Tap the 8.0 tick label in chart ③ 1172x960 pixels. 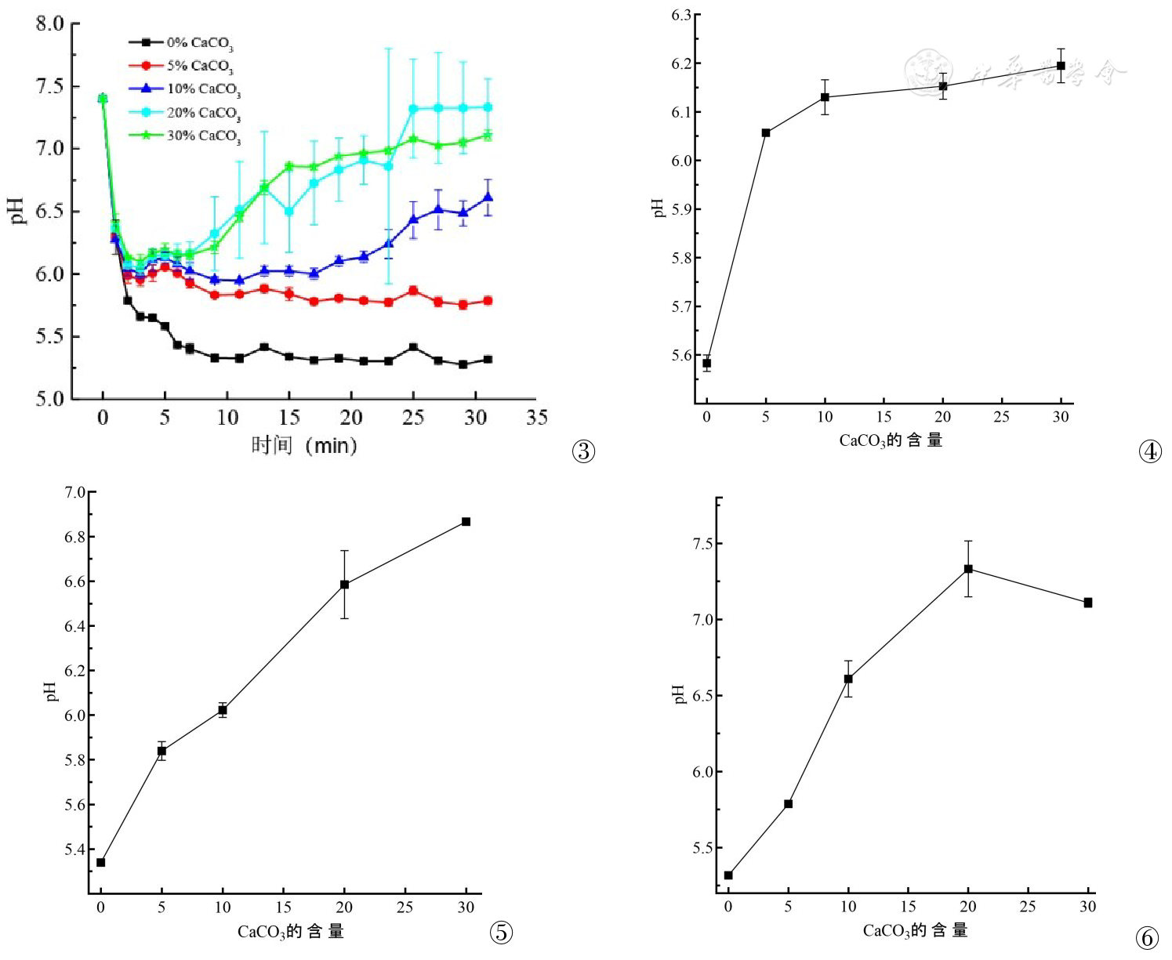pyautogui.click(x=49, y=24)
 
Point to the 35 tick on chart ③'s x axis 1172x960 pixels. pyautogui.click(x=537, y=418)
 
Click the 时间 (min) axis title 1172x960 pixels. pyautogui.click(x=304, y=446)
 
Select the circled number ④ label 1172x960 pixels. pyautogui.click(x=1149, y=451)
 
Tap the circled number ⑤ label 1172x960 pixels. pyautogui.click(x=501, y=932)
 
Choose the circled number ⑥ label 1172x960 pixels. pyautogui.click(x=1146, y=937)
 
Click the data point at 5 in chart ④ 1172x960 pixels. pyautogui.click(x=766, y=133)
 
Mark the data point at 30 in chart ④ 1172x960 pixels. pyautogui.click(x=1061, y=66)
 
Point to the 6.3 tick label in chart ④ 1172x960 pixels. pyautogui.click(x=681, y=15)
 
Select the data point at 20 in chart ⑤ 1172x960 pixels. pyautogui.click(x=344, y=585)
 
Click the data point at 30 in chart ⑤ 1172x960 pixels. pyautogui.click(x=466, y=522)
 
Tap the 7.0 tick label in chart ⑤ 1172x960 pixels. pyautogui.click(x=75, y=492)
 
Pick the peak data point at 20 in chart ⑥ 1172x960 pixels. pyautogui.click(x=968, y=569)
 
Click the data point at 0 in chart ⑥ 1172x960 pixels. pyautogui.click(x=728, y=875)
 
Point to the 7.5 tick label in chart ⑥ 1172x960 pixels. pyautogui.click(x=703, y=544)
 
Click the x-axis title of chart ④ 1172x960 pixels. pyautogui.click(x=891, y=440)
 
